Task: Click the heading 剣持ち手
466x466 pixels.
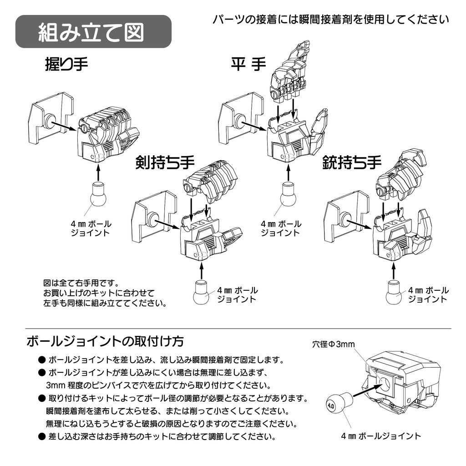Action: click(x=165, y=162)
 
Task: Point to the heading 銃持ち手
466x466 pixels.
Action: click(x=352, y=162)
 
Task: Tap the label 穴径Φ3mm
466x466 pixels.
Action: click(x=333, y=344)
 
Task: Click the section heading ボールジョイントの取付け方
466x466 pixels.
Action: click(x=105, y=341)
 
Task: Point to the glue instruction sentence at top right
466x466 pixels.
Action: click(x=331, y=19)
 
